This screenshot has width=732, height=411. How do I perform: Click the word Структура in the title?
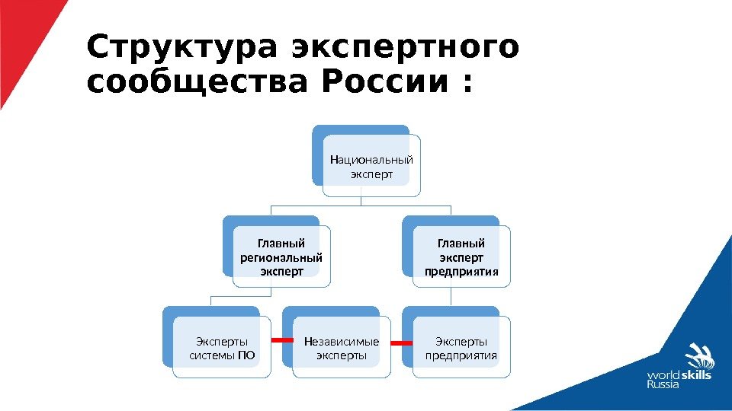tap(183, 48)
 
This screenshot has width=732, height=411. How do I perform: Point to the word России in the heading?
tap(384, 82)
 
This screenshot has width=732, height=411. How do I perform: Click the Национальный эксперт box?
tap(371, 167)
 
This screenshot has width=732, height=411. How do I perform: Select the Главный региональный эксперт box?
tap(281, 257)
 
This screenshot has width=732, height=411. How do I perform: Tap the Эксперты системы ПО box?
tap(221, 349)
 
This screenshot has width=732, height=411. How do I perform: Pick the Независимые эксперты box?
tap(341, 349)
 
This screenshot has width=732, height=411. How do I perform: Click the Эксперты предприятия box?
tap(461, 349)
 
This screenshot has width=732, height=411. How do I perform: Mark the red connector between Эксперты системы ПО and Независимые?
tap(281, 339)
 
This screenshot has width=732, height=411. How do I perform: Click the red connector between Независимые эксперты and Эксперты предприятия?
tap(401, 344)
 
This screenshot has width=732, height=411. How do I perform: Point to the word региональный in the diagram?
tap(281, 257)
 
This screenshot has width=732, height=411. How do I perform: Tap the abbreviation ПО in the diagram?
tap(247, 355)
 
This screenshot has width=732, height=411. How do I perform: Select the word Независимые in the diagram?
tap(341, 341)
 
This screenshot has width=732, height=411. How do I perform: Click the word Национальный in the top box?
tap(371, 160)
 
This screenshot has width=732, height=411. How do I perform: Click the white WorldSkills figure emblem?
tap(698, 358)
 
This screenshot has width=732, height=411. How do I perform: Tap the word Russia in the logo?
tap(663, 385)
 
